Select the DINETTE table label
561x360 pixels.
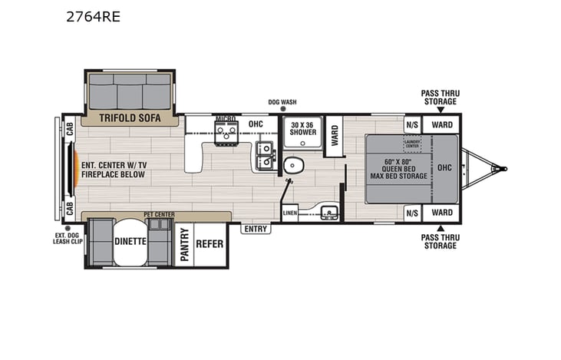130,240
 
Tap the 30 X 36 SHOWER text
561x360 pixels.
302,129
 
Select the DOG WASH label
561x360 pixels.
282,102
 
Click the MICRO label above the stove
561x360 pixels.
225,120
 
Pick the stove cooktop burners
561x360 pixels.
226,133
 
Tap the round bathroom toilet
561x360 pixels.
292,166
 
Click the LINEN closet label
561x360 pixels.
289,213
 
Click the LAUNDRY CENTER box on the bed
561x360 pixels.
413,142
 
